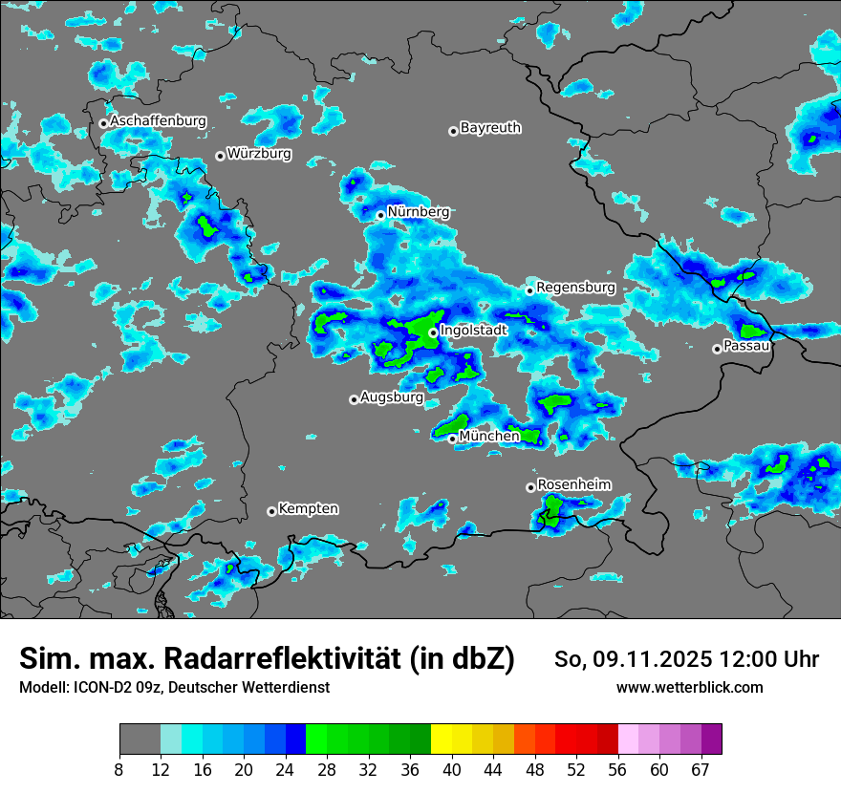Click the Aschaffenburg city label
(x=158, y=121)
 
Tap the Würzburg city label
(x=259, y=153)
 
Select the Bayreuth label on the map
(x=490, y=128)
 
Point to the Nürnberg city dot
(x=380, y=215)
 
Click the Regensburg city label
(x=575, y=287)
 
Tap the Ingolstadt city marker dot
(x=433, y=332)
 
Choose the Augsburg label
(x=392, y=397)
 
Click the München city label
(x=489, y=436)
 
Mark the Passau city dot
(x=717, y=349)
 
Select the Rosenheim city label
(x=574, y=484)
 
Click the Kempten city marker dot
(x=271, y=511)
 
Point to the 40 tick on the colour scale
(x=452, y=770)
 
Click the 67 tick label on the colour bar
(x=701, y=770)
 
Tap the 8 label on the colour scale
(x=119, y=770)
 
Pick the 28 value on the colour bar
(x=327, y=770)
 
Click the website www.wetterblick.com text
(x=690, y=688)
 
